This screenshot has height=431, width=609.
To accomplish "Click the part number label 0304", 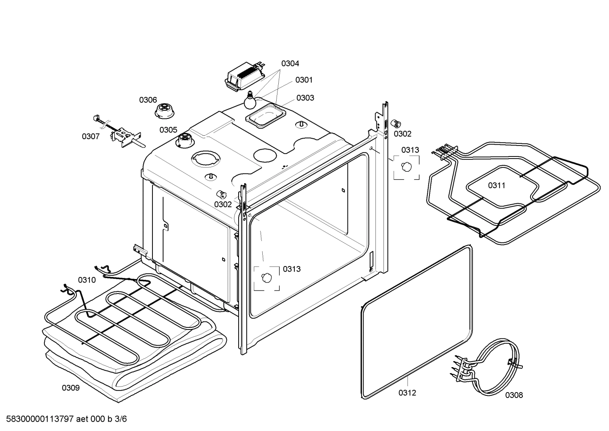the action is [x=290, y=63].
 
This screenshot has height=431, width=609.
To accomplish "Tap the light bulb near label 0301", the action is [x=250, y=102].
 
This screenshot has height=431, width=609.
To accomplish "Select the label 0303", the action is [x=305, y=98].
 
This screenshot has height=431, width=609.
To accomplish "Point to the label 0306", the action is [x=148, y=100].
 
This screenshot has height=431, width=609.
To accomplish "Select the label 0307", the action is [x=90, y=136].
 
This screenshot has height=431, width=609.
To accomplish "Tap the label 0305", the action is [x=168, y=130].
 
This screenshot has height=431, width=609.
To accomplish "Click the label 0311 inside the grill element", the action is [x=497, y=185].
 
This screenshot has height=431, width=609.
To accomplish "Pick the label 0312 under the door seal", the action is [x=407, y=393].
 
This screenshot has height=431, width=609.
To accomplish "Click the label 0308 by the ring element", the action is [x=514, y=395].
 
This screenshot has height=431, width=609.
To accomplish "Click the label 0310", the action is [x=87, y=280].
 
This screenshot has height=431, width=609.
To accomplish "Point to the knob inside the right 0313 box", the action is [x=407, y=166].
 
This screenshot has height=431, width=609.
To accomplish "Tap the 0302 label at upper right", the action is [x=402, y=134].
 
